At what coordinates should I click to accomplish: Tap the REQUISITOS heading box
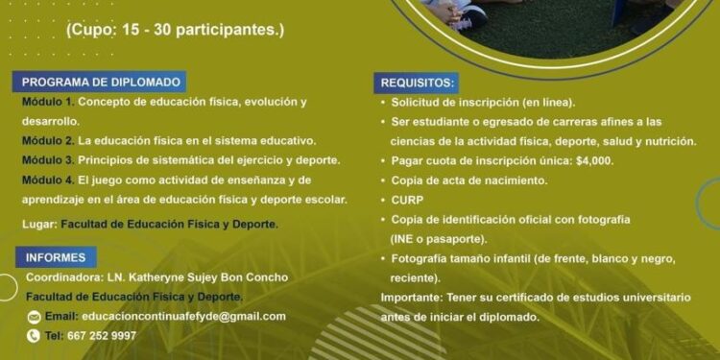(419, 83)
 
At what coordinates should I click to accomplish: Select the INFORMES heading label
(55, 257)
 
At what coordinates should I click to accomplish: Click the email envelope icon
(34, 317)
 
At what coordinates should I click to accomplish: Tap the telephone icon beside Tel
(34, 336)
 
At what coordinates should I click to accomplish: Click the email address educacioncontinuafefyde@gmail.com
(183, 316)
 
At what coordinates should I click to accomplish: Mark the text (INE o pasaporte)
(439, 238)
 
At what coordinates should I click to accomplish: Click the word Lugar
(38, 224)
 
